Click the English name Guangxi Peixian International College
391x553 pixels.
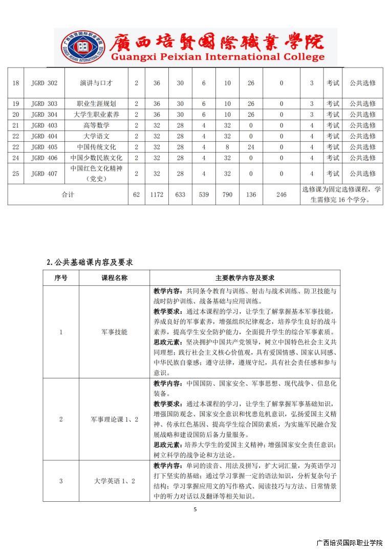[x=210, y=57]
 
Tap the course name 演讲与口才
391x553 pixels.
[x=96, y=83]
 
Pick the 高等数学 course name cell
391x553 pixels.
[x=96, y=125]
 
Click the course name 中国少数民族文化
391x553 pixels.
[x=96, y=158]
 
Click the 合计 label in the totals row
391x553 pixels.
[x=68, y=195]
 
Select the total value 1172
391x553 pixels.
[x=157, y=195]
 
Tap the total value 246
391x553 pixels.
[x=281, y=195]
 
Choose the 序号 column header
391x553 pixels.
[x=61, y=278]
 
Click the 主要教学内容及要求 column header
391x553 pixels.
[x=245, y=278]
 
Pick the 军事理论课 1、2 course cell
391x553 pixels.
[x=114, y=419]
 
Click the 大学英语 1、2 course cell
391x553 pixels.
[x=114, y=481]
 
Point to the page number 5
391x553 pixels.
[x=195, y=509]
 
